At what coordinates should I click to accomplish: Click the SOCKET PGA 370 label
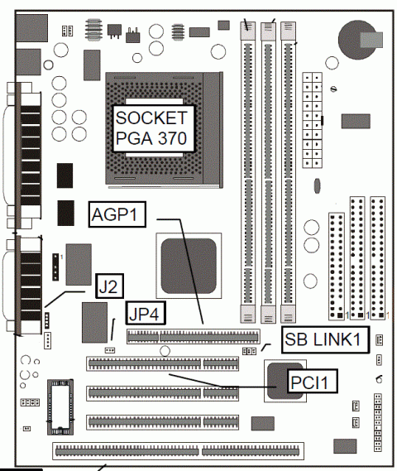tap(153, 128)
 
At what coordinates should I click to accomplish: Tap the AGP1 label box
tap(117, 214)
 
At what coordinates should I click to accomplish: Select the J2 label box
tap(109, 286)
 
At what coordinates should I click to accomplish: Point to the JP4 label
tap(146, 313)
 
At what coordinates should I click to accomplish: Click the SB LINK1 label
tap(325, 339)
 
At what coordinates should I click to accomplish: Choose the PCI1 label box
tap(312, 381)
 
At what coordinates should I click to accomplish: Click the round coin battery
tap(357, 40)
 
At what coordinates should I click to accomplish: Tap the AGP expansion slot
tap(194, 336)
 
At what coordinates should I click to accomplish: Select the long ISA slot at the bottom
tap(179, 451)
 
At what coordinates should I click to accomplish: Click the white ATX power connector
tap(312, 120)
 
